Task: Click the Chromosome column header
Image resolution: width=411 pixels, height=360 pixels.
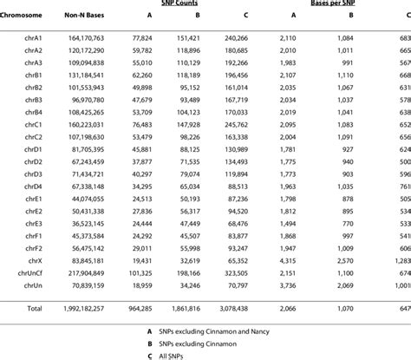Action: coord(27,15)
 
